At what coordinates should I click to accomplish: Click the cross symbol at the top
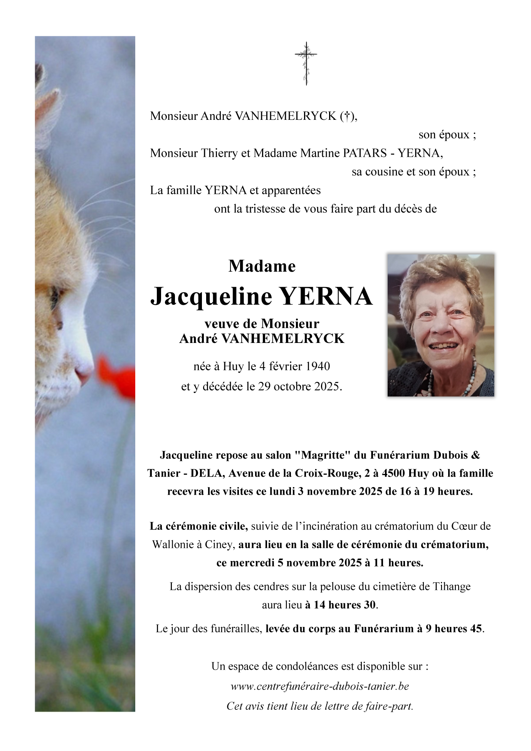point(306,63)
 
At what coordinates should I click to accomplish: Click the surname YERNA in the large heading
point(326,297)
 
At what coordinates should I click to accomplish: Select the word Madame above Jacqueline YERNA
point(262,266)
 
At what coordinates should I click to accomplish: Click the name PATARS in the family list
point(365,153)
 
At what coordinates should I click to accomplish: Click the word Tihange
point(452,586)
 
